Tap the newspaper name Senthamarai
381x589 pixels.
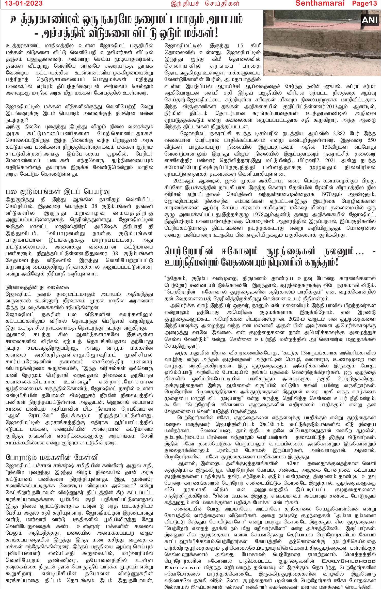320,3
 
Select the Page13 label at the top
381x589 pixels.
364,3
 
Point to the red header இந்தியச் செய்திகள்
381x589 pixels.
205,3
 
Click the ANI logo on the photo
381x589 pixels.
370,20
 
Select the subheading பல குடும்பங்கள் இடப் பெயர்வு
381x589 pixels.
58,191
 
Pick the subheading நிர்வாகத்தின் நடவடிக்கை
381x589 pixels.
37,287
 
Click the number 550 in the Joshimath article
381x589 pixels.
372,140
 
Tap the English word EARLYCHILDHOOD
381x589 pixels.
348,561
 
